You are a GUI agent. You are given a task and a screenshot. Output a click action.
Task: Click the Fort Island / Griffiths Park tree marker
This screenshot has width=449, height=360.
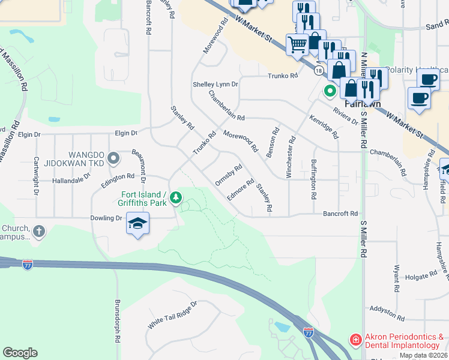coord(176,197)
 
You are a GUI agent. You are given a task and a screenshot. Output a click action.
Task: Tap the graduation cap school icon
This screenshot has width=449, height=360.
coord(137,224)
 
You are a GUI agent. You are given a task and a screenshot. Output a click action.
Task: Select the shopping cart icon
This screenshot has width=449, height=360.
coord(297,44)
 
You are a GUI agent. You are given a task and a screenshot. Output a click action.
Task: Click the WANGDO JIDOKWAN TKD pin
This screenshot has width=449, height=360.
coord(115,158)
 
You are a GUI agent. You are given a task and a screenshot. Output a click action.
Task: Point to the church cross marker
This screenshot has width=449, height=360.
coord(39,231)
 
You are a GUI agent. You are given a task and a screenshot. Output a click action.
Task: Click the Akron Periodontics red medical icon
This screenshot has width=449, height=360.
coord(356,341)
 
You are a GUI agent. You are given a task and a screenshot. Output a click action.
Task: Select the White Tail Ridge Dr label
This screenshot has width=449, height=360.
coord(172,314)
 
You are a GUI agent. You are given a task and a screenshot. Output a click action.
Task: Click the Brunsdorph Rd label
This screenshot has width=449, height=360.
coord(118,320)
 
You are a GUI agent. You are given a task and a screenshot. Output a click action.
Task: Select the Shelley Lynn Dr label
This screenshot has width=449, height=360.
coord(215,85)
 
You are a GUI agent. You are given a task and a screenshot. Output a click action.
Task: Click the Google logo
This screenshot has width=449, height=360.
coord(20,353)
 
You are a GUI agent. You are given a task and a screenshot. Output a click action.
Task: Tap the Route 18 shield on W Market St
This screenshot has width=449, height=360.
coord(318,71)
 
